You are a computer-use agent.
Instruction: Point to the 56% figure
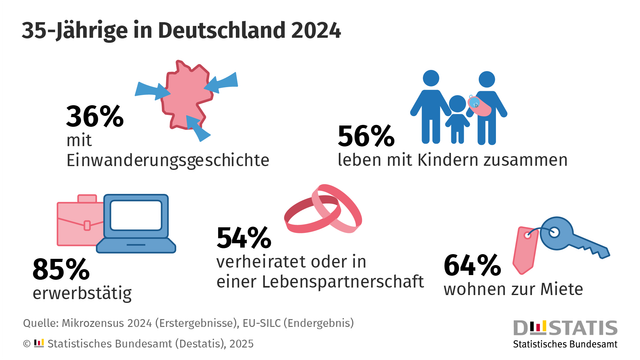click(367, 136)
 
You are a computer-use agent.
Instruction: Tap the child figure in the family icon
click(457, 120)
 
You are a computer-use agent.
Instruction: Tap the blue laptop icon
click(140, 221)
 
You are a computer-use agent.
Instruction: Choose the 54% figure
click(244, 238)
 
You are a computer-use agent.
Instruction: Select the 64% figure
click(471, 266)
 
